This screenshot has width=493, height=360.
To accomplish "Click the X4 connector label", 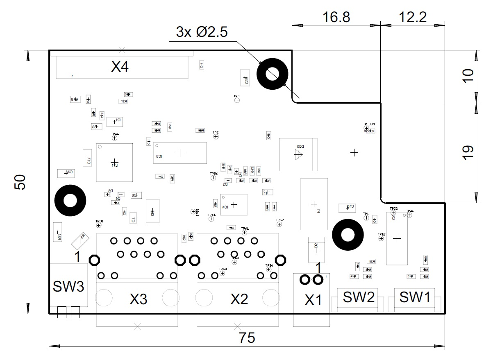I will pyautogui.click(x=120, y=66).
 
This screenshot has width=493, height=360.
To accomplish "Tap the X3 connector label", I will pyautogui.click(x=138, y=300).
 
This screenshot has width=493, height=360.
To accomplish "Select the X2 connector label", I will pyautogui.click(x=239, y=300).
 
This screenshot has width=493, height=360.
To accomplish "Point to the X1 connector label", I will pyautogui.click(x=314, y=301).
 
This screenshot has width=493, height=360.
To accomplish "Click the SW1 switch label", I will pyautogui.click(x=415, y=297).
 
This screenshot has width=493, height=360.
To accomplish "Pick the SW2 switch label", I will pyautogui.click(x=359, y=297).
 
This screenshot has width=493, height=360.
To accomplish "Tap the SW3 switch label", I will pyautogui.click(x=68, y=286).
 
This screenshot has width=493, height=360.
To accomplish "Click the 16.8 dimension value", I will pyautogui.click(x=336, y=17).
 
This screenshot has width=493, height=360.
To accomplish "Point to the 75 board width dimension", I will pyautogui.click(x=247, y=338).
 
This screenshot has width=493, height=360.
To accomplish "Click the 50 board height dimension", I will pyautogui.click(x=20, y=182).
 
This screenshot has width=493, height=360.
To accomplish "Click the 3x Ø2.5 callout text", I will pyautogui.click(x=202, y=32).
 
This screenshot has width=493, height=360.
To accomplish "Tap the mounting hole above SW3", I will pyautogui.click(x=70, y=201).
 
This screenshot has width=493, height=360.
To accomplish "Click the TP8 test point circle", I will pyautogui.click(x=237, y=100).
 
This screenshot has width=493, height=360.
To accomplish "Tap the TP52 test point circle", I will pyautogui.click(x=279, y=224).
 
